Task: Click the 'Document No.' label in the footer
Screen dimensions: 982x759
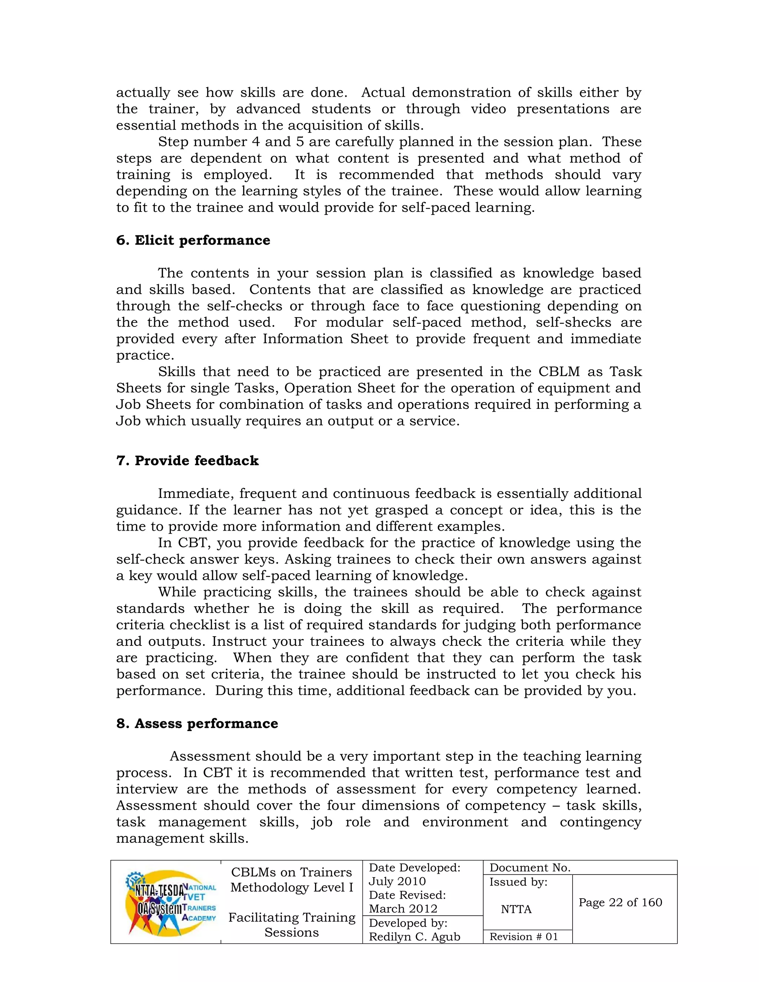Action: (x=530, y=867)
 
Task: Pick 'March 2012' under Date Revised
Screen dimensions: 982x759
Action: (x=403, y=908)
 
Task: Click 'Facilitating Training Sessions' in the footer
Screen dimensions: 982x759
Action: (x=292, y=925)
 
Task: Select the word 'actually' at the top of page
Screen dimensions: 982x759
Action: (x=143, y=92)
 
